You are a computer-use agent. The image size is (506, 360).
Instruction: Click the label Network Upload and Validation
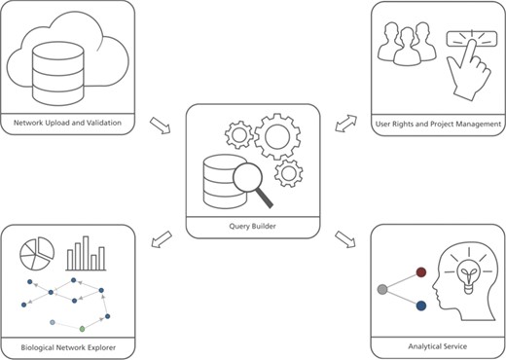tap(66, 125)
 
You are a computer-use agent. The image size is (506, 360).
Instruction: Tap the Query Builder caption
tap(251, 223)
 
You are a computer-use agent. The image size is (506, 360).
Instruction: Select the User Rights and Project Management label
tap(439, 125)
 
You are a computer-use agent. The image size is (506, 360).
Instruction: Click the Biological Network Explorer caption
tap(66, 346)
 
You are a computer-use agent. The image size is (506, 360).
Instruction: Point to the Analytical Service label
tap(438, 346)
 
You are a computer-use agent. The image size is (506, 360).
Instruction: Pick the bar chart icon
tap(86, 255)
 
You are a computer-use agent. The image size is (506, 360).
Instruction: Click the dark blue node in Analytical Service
tap(420, 306)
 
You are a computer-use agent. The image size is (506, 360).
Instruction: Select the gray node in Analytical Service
tap(382, 289)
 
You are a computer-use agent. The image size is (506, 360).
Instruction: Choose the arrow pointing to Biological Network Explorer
tap(160, 238)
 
